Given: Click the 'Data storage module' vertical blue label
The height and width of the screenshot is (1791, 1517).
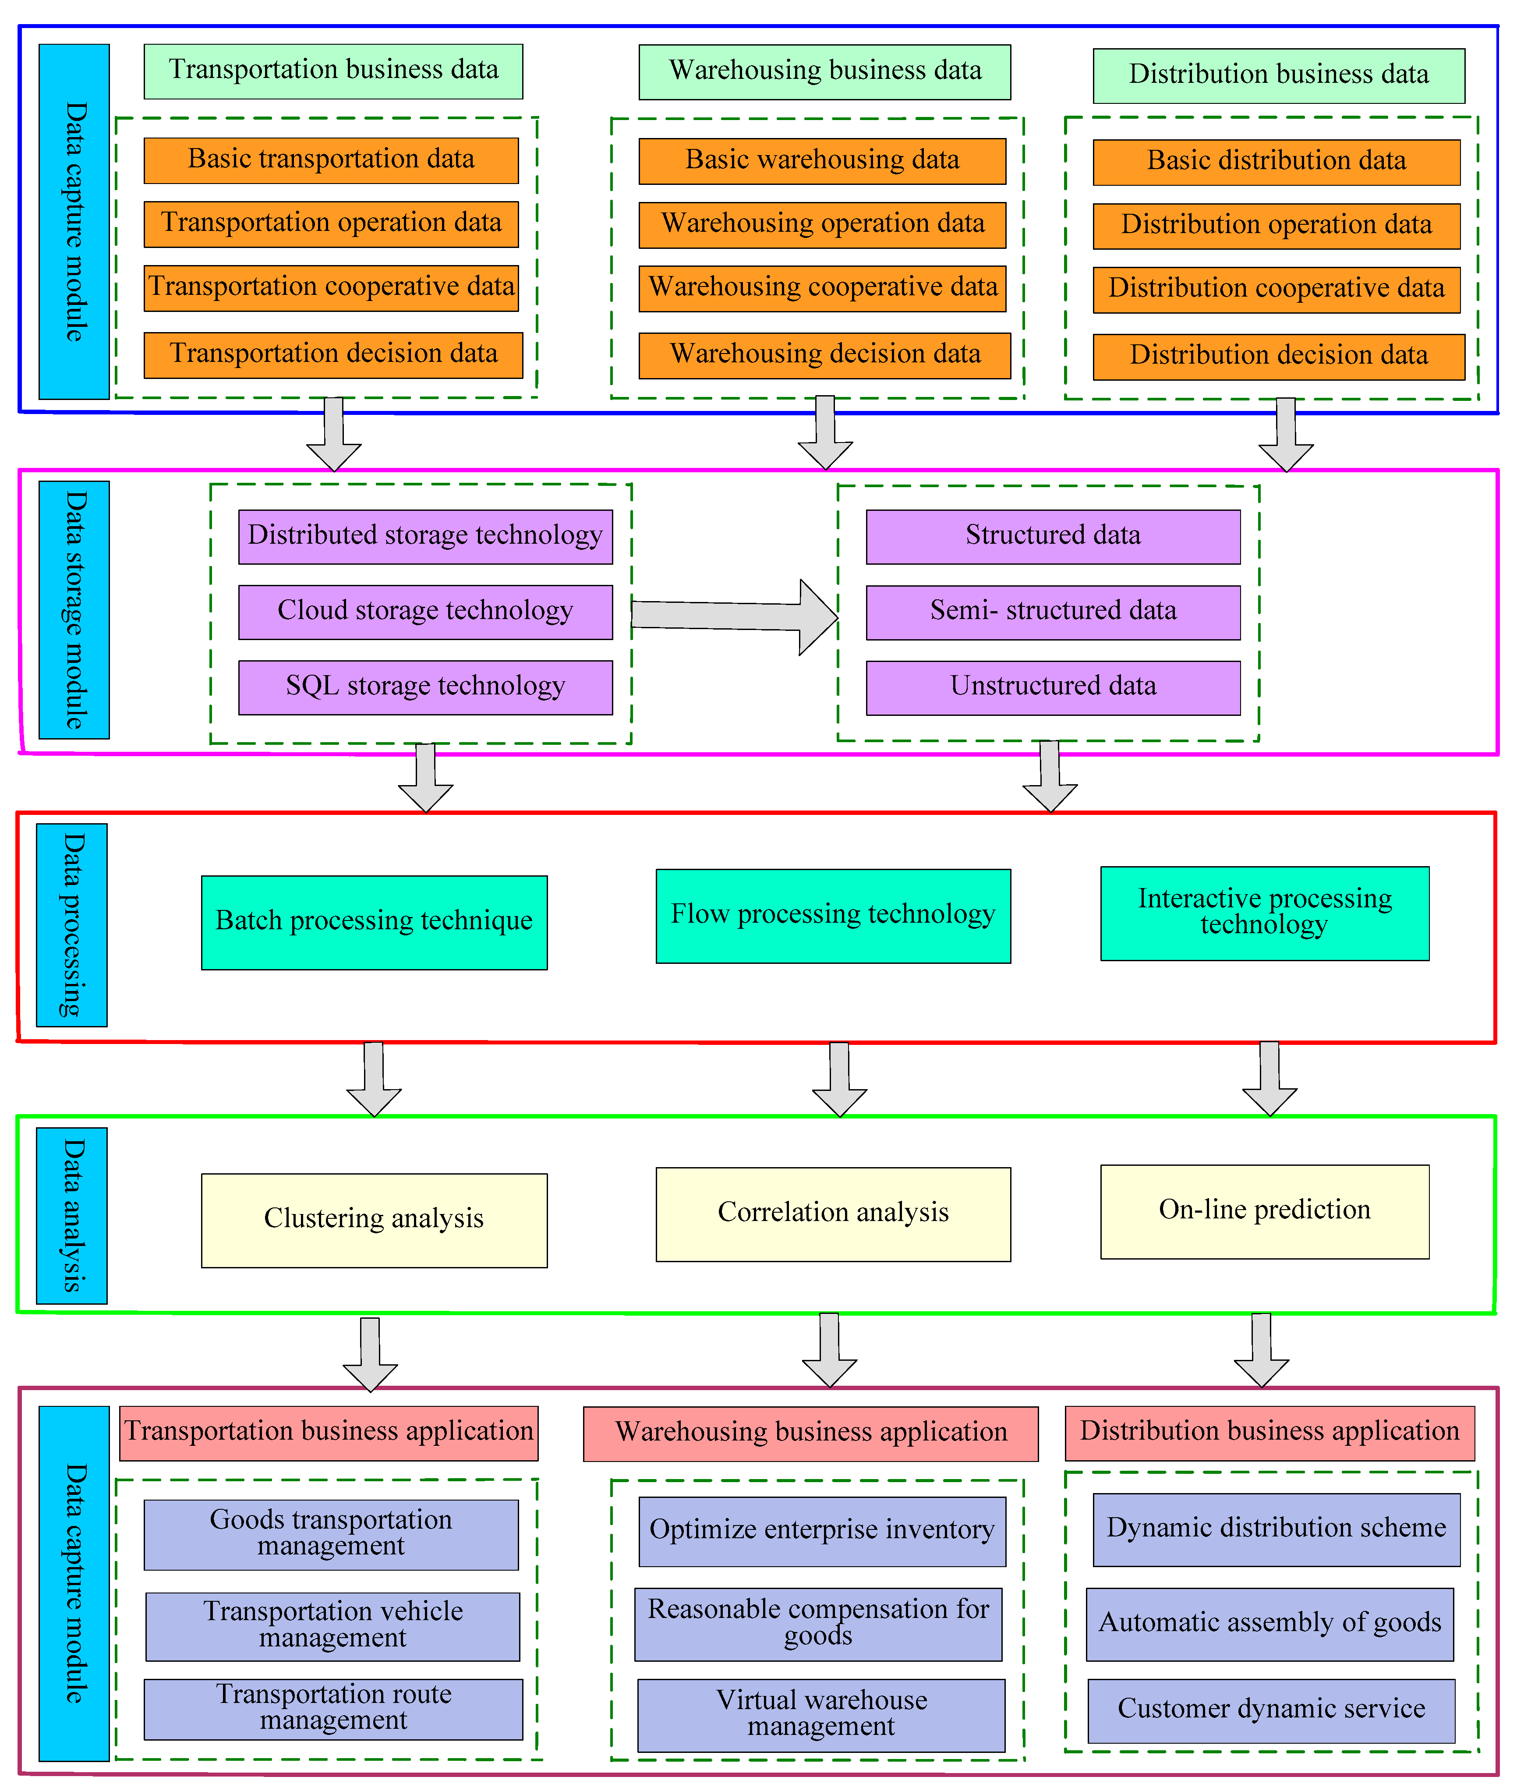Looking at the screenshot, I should (74, 609).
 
